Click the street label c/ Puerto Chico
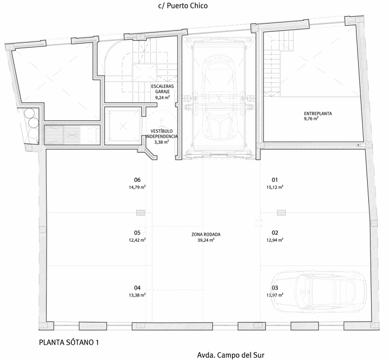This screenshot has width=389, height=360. coord(183,6)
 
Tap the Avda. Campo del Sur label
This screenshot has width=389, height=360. coord(231,355)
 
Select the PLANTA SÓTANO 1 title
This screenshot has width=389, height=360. coord(69,343)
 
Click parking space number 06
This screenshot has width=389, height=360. coord(137,180)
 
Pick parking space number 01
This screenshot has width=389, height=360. coord(275,180)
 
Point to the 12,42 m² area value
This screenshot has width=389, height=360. coord(137,240)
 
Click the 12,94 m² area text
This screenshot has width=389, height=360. coord(275,240)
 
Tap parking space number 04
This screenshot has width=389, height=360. coord(137,288)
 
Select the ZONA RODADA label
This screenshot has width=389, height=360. coord(206,235)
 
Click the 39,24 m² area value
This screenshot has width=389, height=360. coord(206,240)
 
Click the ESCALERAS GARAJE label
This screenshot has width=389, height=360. coord(163,88)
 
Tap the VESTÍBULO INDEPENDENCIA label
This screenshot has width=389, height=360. coord(162,134)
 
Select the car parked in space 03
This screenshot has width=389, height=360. coord(318,291)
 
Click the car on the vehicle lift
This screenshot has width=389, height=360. coord(219,97)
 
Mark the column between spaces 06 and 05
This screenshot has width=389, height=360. coord(141,213)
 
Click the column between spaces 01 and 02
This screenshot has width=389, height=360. coord(281,213)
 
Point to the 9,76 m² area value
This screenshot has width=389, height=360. coord(311,119)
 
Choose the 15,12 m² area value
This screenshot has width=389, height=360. coord(275,187)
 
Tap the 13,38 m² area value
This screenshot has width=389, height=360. coord(137,295)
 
